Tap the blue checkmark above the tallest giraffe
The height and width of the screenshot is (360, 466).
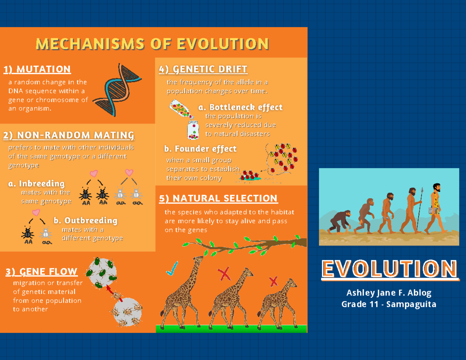(x=171, y=269)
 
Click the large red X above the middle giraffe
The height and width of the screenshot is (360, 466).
(x=224, y=274)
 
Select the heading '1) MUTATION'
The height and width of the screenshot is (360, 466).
(x=37, y=70)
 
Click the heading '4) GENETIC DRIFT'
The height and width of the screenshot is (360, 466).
(x=203, y=70)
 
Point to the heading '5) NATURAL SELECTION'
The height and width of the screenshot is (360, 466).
(x=218, y=198)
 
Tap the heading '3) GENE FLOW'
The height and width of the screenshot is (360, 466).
(x=42, y=272)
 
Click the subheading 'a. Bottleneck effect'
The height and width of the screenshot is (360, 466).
(x=240, y=107)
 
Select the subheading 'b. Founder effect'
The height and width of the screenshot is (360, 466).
(x=200, y=149)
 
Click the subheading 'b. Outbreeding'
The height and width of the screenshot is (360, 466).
(x=85, y=221)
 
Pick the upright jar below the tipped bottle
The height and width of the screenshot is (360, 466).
(x=193, y=130)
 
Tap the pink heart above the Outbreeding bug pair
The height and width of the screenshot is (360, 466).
(x=36, y=212)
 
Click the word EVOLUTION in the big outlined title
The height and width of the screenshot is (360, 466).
(x=390, y=268)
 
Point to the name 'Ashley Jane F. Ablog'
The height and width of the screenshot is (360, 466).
(x=389, y=293)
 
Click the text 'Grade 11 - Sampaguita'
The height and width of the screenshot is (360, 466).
(x=389, y=304)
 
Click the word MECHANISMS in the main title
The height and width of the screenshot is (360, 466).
(x=90, y=44)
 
